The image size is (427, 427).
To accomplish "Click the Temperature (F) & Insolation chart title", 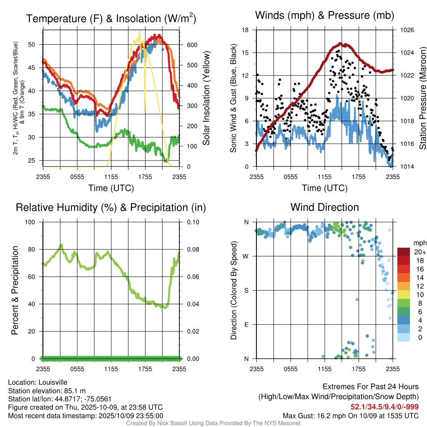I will click(111, 19).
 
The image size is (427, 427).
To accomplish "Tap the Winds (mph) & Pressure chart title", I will click(324, 16).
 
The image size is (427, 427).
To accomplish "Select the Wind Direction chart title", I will click(324, 207).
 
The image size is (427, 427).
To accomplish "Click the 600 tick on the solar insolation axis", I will click(186, 45).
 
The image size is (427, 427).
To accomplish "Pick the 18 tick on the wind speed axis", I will click(246, 30).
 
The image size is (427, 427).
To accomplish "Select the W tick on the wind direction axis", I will click(246, 256).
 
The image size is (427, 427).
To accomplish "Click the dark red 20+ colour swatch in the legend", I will click(404, 252).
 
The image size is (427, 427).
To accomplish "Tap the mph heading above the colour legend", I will click(419, 243).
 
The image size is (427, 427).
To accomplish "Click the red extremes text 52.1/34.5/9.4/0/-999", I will click(384, 407).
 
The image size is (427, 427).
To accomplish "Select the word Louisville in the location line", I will click(53, 382).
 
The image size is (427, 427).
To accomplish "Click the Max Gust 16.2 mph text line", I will click(351, 415).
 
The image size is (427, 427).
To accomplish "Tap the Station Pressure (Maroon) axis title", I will click(422, 99).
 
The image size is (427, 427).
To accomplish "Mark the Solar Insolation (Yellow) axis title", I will click(206, 99).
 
